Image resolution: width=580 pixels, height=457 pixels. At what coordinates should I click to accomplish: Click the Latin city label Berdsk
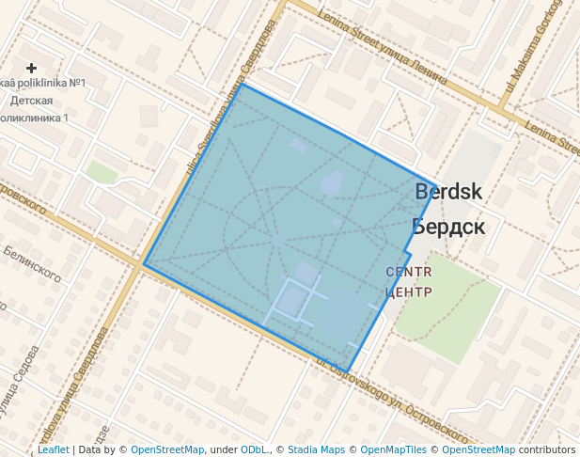tap(448, 192)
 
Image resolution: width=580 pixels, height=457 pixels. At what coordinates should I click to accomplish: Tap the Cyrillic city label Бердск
tap(447, 227)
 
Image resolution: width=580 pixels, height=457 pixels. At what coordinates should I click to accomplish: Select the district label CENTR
tap(409, 272)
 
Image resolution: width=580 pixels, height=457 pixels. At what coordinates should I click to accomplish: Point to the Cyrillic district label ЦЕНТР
tap(409, 292)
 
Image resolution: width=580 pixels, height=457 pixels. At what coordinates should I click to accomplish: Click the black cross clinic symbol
tap(32, 68)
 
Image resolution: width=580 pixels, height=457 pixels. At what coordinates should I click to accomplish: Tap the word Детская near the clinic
tap(31, 101)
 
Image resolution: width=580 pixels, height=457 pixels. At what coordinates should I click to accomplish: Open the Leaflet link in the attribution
tap(53, 450)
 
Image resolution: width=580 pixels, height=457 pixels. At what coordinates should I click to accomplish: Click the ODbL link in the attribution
tap(253, 450)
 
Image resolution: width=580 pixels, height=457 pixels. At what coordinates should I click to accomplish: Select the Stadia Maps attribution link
tap(316, 450)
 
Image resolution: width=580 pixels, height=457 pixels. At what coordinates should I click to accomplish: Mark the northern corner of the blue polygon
tap(242, 85)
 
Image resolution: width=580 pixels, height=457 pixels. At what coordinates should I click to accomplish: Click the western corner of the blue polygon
tap(144, 264)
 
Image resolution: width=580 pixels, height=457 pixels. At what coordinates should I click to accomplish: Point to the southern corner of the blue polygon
tap(347, 372)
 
